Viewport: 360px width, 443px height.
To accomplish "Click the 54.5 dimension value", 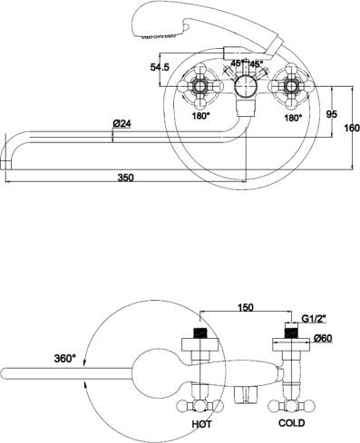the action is (160, 67).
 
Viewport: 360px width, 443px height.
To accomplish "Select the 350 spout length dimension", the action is (125, 178).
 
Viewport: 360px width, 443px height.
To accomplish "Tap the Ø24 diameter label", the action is (122, 123).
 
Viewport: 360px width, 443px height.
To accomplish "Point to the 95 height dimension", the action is (332, 114).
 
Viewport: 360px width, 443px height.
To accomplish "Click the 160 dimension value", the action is (352, 128).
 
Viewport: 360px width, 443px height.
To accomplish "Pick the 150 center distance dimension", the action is (246, 307).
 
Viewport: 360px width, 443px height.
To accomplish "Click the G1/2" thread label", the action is (315, 318).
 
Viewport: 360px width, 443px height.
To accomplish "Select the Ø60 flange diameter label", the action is (323, 338).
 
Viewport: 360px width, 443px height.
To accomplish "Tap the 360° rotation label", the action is (65, 358).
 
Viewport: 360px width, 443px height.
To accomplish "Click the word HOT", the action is (202, 424).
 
